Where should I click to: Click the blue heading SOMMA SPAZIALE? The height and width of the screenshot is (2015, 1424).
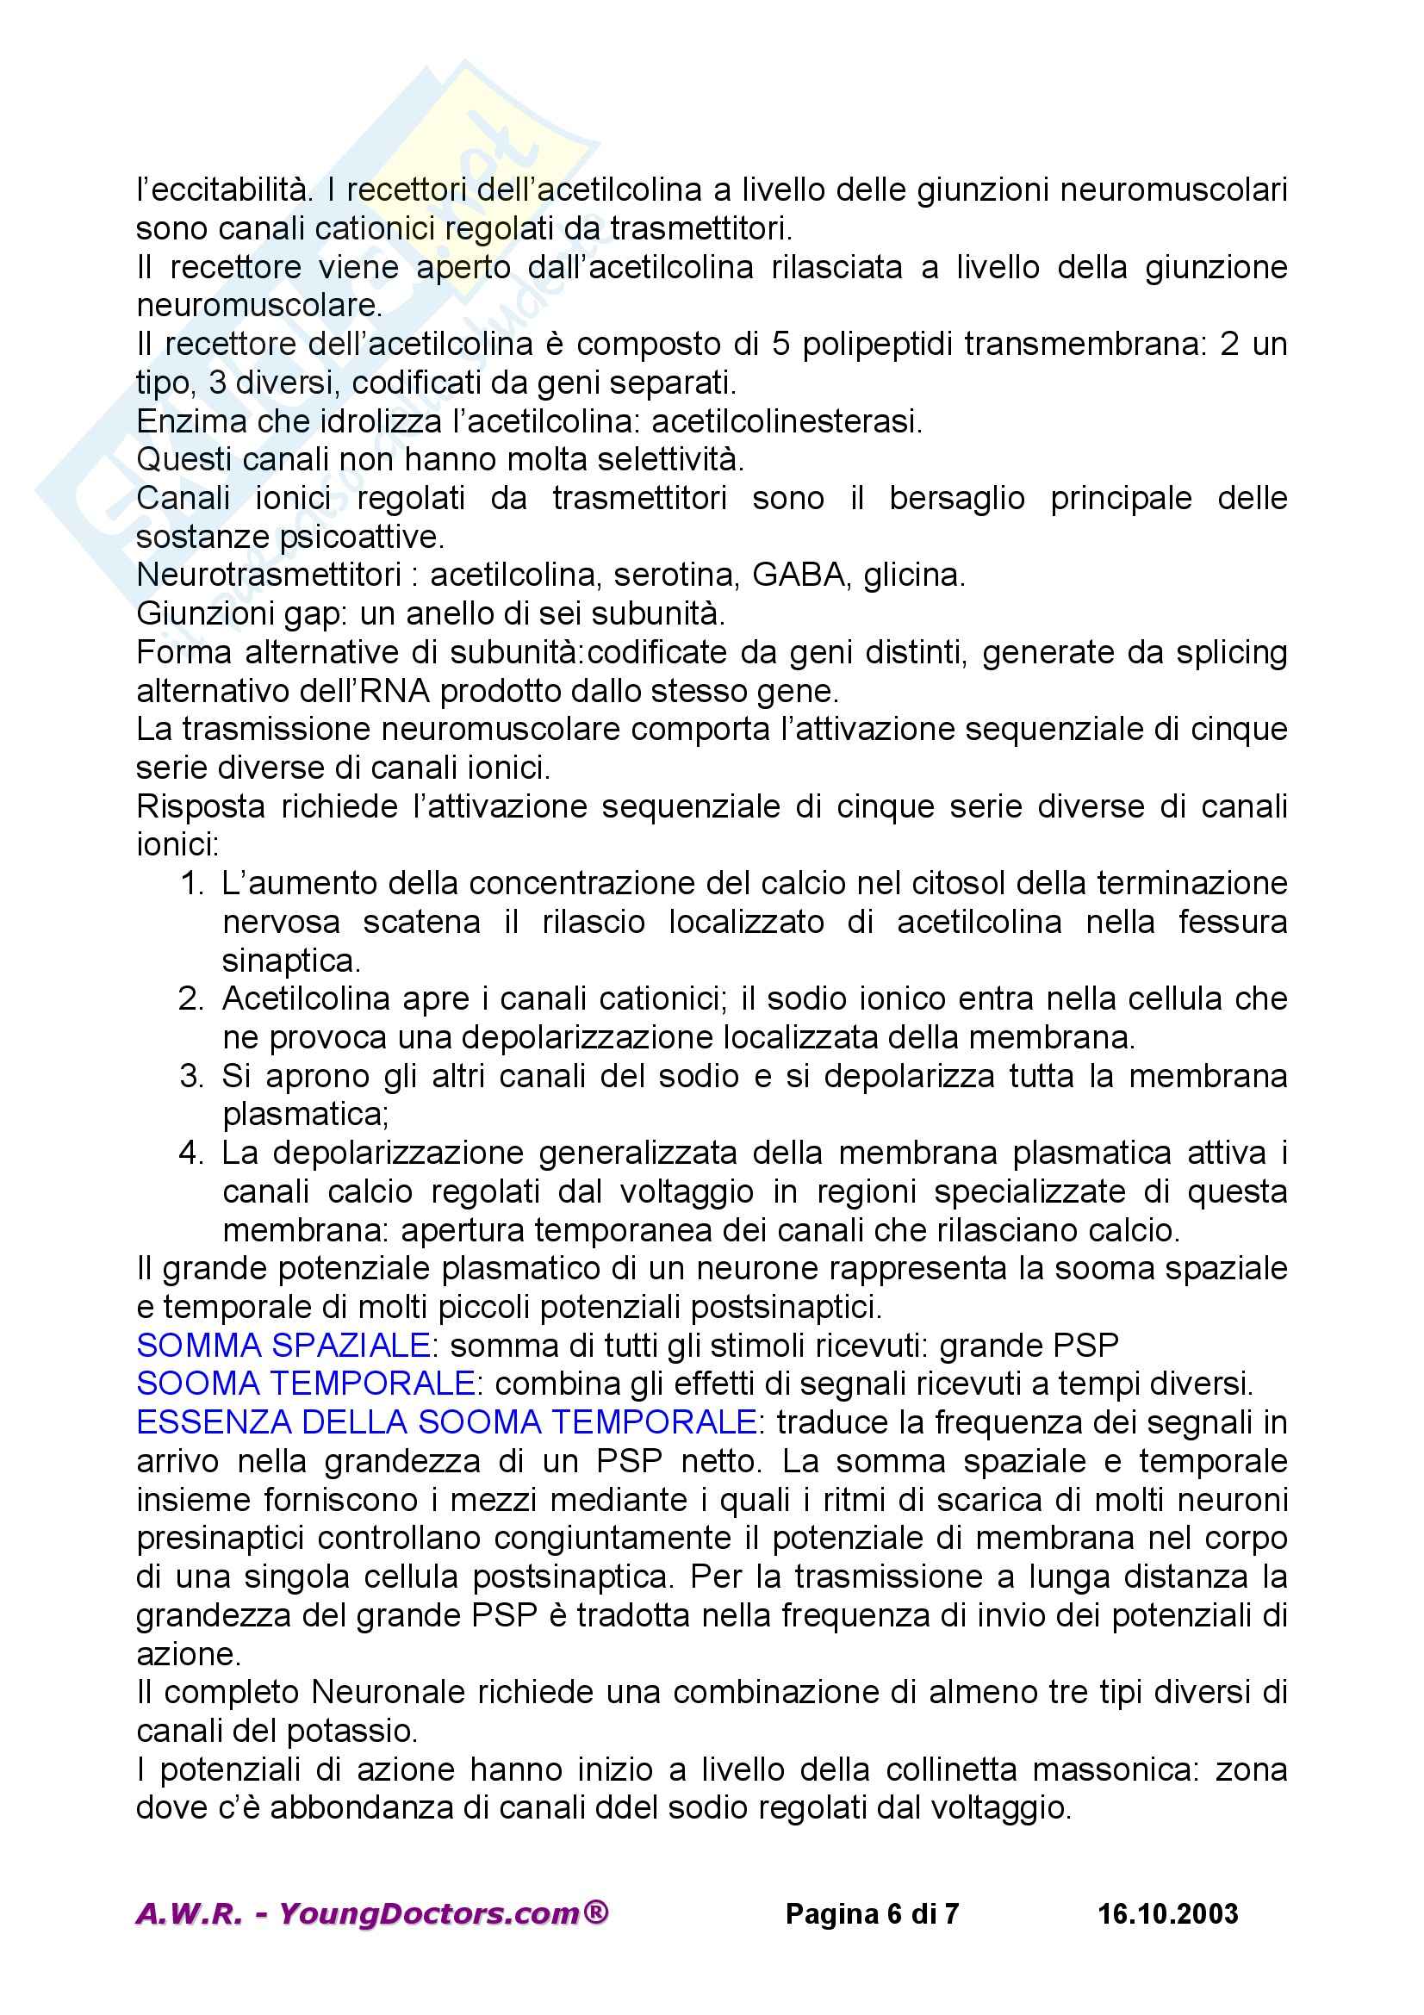click(283, 1346)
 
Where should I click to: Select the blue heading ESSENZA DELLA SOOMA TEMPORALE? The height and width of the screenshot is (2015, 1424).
click(446, 1422)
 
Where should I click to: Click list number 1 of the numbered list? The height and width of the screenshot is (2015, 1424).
click(191, 884)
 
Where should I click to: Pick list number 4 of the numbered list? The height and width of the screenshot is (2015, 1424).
click(191, 1154)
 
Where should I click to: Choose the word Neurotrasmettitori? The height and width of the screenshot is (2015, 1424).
click(268, 575)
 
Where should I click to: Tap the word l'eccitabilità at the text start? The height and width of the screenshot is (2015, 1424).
click(224, 190)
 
